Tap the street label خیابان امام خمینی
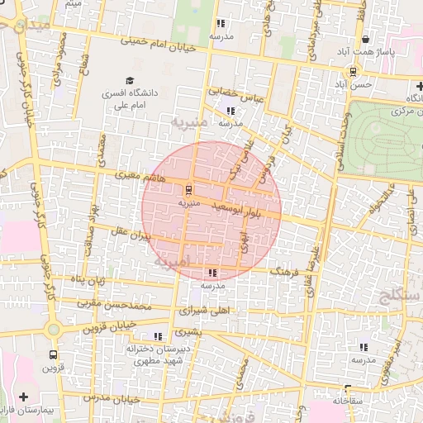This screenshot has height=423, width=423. point(158,43)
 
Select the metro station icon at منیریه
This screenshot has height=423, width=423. point(188,189)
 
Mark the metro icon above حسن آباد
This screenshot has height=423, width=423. point(353,71)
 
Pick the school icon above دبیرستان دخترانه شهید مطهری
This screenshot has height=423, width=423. point(158,336)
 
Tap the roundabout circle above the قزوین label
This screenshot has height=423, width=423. point(54,330)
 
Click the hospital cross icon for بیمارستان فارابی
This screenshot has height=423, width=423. point(23,397)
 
